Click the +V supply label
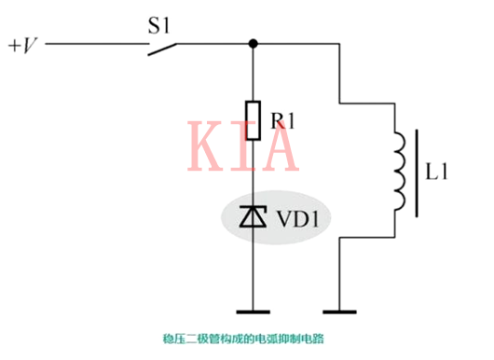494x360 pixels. coord(23,44)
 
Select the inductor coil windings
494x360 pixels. coord(398,174)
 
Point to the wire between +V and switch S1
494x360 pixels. coord(93,44)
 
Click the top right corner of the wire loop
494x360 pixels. coord(345,44)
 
